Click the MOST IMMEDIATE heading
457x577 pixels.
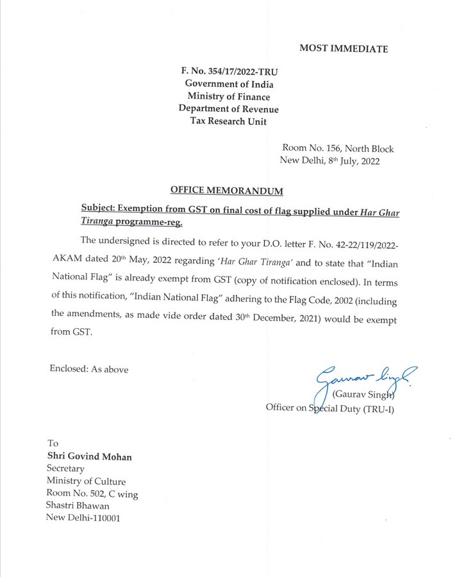pos(344,49)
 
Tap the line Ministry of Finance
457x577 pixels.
pos(229,97)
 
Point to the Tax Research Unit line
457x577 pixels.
pos(229,122)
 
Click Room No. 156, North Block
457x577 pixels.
pos(338,149)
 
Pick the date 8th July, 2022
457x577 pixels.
pos(354,161)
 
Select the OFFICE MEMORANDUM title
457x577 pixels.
pos(226,190)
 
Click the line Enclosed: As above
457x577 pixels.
pos(88,369)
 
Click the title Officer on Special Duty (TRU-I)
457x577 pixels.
pos(329,408)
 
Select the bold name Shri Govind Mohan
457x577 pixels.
pos(89,456)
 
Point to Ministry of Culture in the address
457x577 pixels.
pos(86,481)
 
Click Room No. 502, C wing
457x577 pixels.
pos(92,494)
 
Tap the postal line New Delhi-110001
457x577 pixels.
pos(83,517)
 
